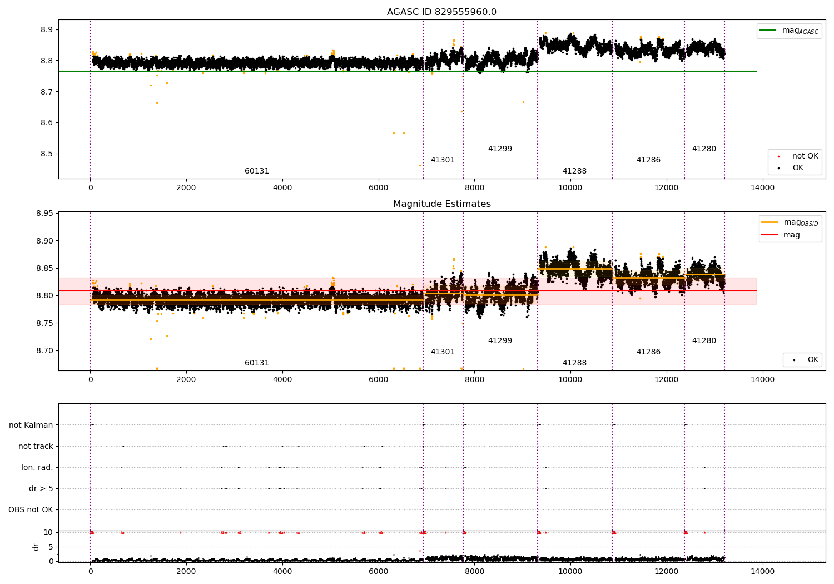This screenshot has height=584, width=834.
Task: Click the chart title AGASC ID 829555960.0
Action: (x=441, y=12)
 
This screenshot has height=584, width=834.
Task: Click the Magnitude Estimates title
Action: (x=442, y=204)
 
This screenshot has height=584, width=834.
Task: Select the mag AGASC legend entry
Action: (x=790, y=31)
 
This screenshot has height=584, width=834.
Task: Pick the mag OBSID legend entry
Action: (x=790, y=222)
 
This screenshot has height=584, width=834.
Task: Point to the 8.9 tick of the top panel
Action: (x=47, y=30)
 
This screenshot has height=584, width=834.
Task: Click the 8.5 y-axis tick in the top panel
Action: (x=47, y=154)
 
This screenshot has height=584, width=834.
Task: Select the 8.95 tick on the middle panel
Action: (x=44, y=214)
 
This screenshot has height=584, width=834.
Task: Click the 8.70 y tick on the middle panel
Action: (x=44, y=350)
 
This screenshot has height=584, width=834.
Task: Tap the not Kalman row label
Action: (x=31, y=425)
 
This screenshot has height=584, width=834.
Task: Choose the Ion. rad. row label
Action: (x=37, y=467)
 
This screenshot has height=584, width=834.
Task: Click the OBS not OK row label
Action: (x=31, y=509)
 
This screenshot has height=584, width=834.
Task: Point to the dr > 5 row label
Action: (x=41, y=489)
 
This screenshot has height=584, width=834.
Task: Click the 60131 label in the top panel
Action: (x=256, y=171)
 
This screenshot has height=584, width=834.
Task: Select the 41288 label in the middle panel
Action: (x=574, y=363)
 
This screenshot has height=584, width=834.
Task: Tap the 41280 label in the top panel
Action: (x=704, y=149)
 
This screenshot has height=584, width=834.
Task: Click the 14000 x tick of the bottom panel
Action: (x=762, y=572)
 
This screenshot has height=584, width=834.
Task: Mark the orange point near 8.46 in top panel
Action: (x=420, y=165)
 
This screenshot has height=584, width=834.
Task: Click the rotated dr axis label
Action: (x=36, y=547)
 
